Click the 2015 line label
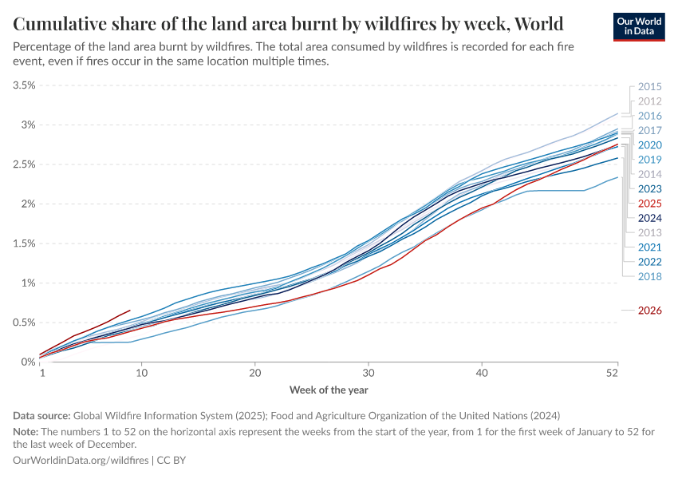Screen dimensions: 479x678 [x=650, y=87]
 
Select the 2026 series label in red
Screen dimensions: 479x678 [x=650, y=311]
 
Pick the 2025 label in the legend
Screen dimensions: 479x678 [x=650, y=204]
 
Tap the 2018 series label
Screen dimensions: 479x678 [x=650, y=276]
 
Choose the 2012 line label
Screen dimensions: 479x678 [x=650, y=101]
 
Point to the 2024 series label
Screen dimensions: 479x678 [x=650, y=218]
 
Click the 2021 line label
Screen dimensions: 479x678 [x=650, y=247]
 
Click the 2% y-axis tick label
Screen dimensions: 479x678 [x=24, y=204]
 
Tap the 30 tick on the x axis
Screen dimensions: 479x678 [x=369, y=373]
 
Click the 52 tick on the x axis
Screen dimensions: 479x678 [x=613, y=373]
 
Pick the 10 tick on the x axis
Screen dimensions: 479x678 [x=141, y=373]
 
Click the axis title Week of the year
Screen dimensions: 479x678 [x=328, y=390]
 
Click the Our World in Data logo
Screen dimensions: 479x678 [x=641, y=26]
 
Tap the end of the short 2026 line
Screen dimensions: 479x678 [x=130, y=310]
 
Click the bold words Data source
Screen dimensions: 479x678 [x=41, y=416]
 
